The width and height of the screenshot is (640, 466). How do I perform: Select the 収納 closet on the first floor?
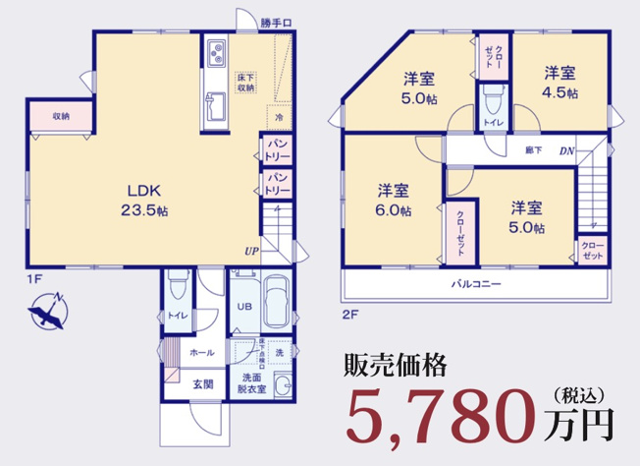coord(61,116)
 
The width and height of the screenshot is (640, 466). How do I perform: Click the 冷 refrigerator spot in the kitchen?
coord(279,119)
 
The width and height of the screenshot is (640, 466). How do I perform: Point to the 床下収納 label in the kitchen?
coord(245,82)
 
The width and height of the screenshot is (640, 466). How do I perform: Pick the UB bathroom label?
coord(243,305)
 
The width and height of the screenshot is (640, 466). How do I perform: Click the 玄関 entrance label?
coord(202,383)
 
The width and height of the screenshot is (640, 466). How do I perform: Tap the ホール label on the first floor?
coord(201,352)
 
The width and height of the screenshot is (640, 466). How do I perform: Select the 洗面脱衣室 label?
coord(250,383)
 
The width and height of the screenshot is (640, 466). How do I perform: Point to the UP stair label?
coord(252,251)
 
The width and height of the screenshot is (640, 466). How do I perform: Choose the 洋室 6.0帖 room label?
coord(395,200)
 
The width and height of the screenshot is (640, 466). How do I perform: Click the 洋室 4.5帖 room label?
coord(560,82)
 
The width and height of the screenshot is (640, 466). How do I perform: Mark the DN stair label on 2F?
coord(567,150)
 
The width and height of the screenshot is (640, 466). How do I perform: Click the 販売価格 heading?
coord(396,366)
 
